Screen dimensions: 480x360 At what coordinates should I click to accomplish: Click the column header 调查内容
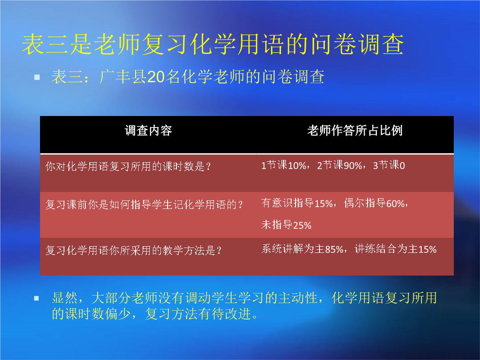(x=148, y=131)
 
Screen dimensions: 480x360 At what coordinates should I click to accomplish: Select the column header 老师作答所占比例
(x=355, y=130)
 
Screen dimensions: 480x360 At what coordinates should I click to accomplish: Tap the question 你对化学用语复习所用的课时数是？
(x=128, y=167)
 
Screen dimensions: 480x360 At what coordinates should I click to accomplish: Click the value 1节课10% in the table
(x=284, y=165)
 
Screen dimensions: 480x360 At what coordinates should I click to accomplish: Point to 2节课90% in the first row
(x=340, y=165)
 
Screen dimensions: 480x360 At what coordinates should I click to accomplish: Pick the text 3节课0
(x=389, y=165)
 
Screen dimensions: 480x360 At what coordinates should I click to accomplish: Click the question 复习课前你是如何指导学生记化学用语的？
(x=144, y=204)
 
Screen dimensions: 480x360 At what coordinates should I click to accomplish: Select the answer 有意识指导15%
(x=297, y=203)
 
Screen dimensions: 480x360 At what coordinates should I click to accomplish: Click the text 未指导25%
(x=286, y=225)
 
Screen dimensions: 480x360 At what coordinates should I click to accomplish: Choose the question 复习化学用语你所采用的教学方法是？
(x=133, y=250)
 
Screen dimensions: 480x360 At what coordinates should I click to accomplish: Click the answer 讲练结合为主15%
(x=396, y=249)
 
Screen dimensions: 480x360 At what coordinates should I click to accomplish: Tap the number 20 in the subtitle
(x=156, y=77)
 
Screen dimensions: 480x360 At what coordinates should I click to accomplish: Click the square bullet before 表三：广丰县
(x=37, y=77)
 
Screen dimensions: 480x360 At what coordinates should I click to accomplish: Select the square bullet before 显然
(x=36, y=298)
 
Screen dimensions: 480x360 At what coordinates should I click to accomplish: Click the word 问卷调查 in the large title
(x=357, y=44)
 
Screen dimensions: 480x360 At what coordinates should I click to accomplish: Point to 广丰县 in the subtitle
(x=123, y=76)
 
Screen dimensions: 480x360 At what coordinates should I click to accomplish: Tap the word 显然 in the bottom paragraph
(x=65, y=298)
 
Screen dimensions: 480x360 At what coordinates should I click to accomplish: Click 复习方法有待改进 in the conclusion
(x=198, y=314)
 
